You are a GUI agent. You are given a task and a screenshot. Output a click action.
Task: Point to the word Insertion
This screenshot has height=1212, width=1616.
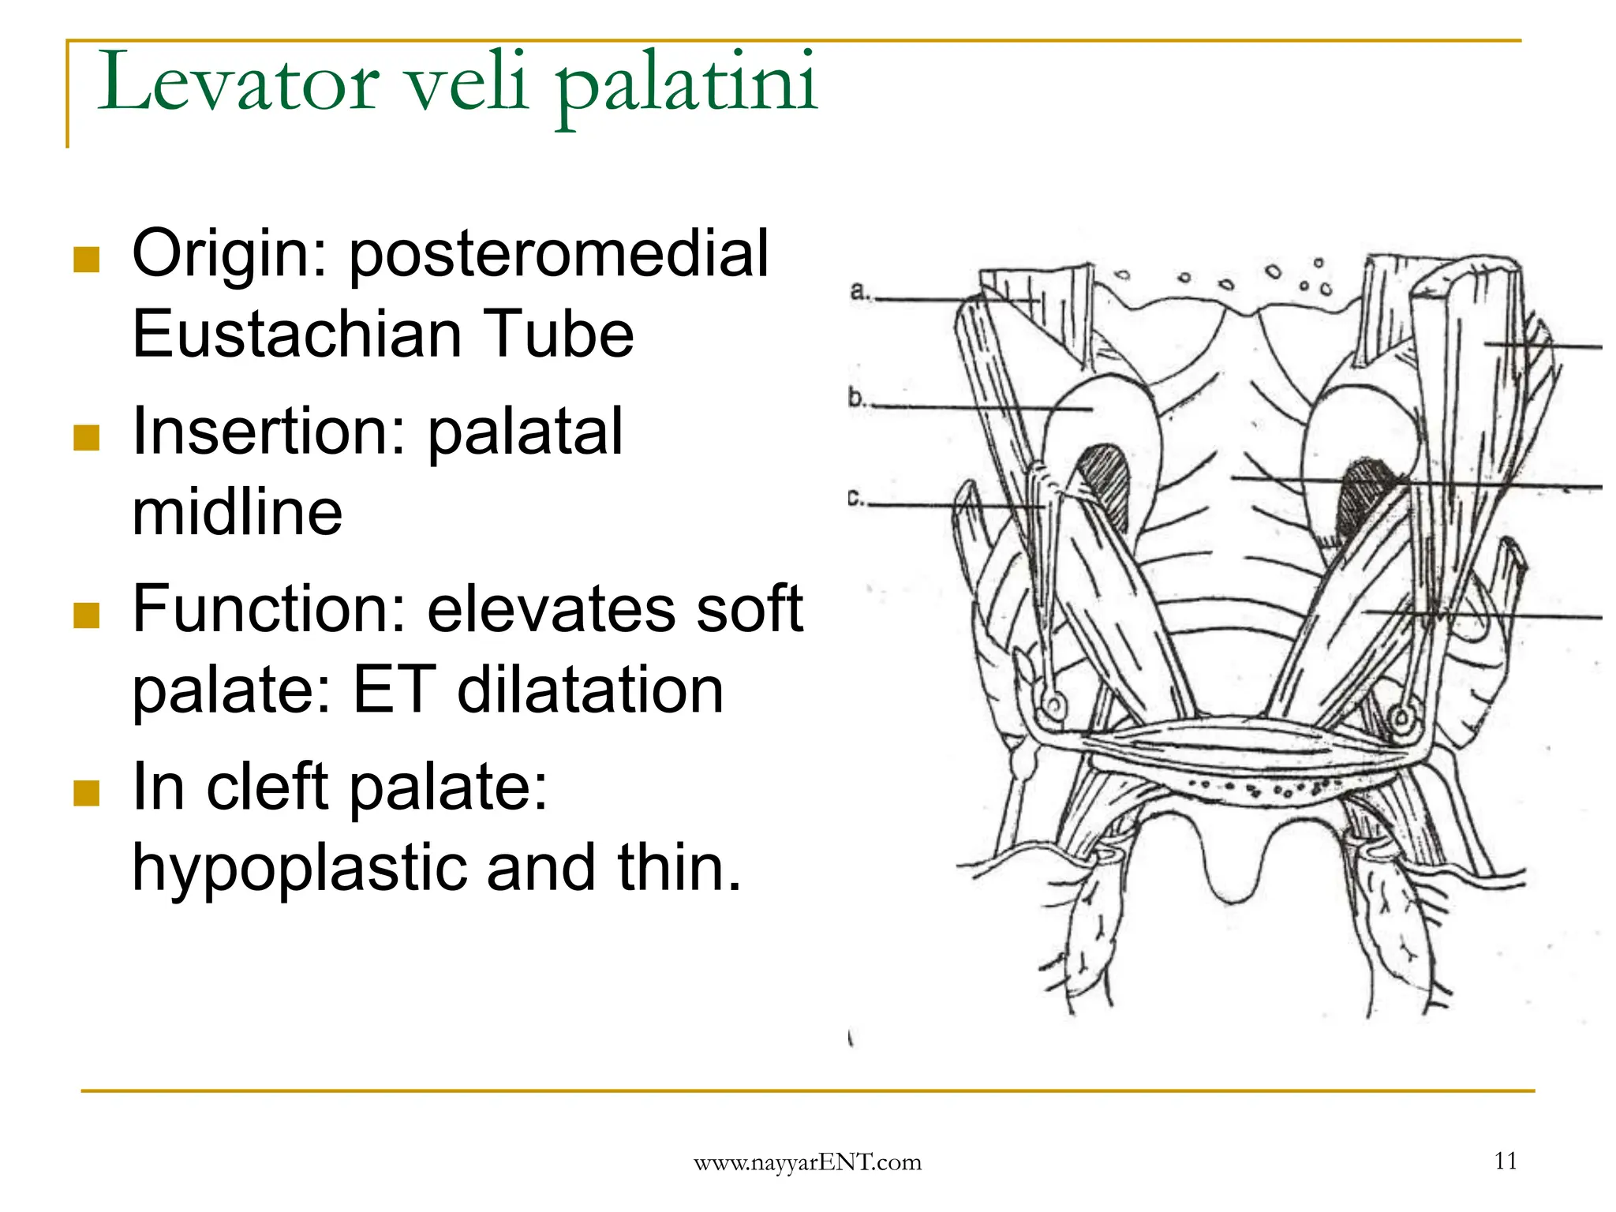click(x=268, y=432)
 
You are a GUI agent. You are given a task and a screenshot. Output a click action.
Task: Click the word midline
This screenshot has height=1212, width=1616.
click(x=237, y=513)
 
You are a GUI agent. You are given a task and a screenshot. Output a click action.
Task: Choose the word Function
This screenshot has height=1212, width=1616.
click(x=268, y=609)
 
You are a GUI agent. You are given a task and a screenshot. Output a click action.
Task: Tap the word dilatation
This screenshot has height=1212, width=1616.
click(x=590, y=690)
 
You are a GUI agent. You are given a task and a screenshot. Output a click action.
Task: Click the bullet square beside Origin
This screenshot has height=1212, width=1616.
click(x=86, y=259)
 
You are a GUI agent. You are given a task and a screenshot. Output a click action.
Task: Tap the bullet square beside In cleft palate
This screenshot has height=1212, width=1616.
click(x=86, y=792)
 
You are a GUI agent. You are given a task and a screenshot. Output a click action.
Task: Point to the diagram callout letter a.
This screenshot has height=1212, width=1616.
click(x=858, y=292)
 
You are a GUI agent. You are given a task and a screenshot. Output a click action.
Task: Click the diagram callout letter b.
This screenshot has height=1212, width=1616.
click(x=857, y=398)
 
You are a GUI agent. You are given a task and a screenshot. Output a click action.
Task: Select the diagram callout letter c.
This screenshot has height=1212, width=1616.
click(x=854, y=499)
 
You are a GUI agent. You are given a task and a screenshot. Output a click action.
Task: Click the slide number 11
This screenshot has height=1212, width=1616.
click(x=1506, y=1161)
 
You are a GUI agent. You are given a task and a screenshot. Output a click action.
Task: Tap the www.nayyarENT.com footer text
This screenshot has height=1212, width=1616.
click(x=807, y=1162)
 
